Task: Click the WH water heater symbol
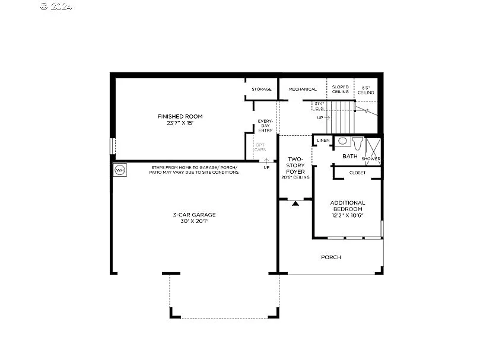coord(119,170)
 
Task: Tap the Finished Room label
coord(180,116)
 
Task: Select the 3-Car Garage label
coord(195,215)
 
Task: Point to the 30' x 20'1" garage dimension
coord(195,222)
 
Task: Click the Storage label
coord(261,90)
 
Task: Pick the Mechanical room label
coord(303,90)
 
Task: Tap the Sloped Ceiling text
coord(341,90)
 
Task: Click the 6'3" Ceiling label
coord(366,90)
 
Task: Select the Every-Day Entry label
coord(265,126)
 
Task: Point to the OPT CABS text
coord(260,148)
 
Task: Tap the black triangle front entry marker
coord(295,203)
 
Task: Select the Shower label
coord(371,159)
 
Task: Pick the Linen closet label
coord(323,141)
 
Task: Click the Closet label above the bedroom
coord(357,173)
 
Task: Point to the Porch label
coord(330,257)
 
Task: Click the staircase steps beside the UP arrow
coord(341,117)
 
